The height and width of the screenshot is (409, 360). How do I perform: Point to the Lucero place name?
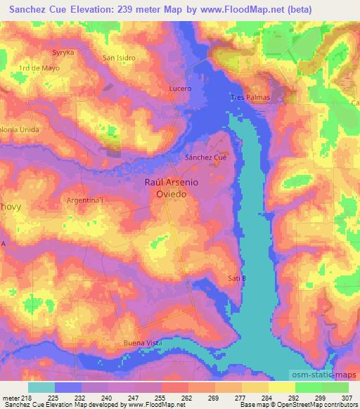(x=180, y=89)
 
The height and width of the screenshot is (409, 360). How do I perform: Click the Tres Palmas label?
(x=250, y=97)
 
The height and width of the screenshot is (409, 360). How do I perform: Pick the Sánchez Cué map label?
(x=205, y=158)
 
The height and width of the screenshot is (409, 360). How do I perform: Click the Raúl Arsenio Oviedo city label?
(x=172, y=188)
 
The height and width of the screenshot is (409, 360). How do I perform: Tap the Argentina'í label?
(x=84, y=200)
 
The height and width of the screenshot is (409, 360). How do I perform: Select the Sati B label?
(x=238, y=278)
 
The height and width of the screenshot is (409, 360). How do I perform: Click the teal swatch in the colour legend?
(x=41, y=387)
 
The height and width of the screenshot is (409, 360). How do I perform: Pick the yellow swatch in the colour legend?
(x=282, y=387)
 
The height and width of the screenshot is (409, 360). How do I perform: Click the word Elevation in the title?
(x=91, y=9)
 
